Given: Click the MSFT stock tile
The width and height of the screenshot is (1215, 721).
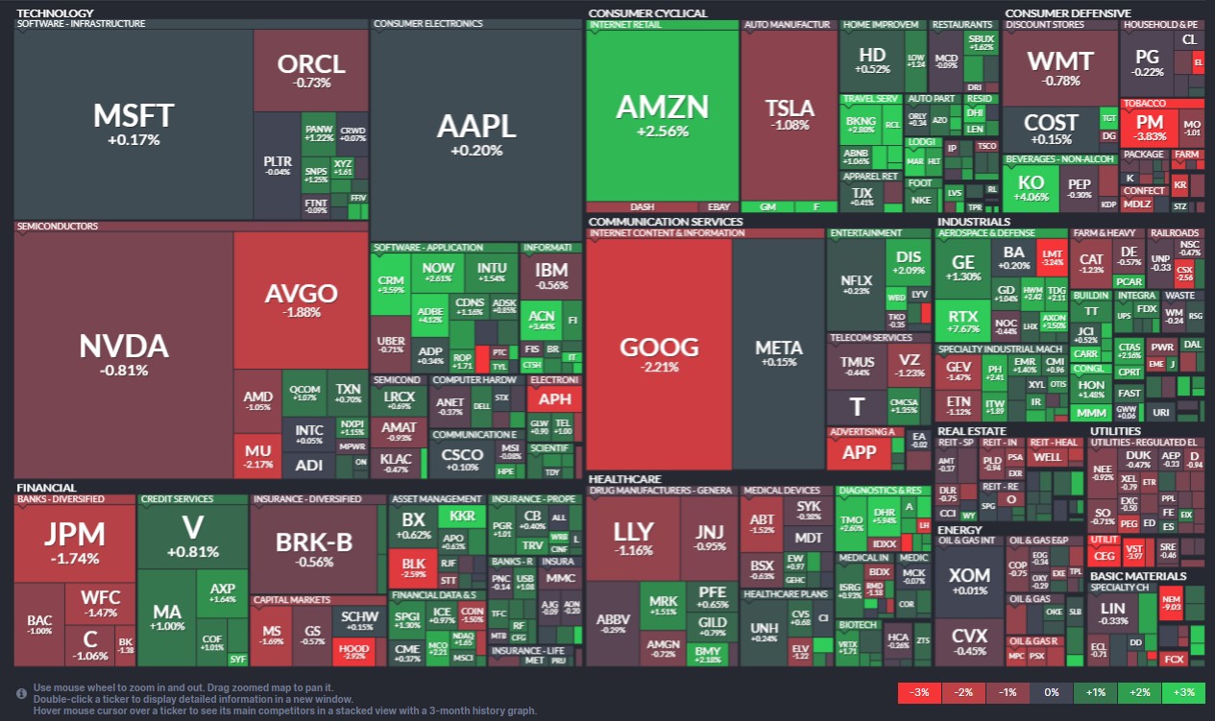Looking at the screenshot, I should [133, 124].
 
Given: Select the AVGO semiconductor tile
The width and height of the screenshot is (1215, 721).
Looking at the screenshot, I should [301, 300].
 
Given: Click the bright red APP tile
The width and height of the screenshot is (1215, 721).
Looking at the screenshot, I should [859, 452].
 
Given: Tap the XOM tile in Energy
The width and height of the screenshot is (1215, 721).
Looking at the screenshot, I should [968, 581].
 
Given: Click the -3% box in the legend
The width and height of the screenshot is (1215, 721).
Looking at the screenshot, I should [918, 692].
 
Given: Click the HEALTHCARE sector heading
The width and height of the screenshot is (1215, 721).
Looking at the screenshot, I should [624, 478].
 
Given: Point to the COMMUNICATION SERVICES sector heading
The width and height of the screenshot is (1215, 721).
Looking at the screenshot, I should [665, 222].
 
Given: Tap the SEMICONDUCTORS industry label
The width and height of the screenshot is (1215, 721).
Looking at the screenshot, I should [57, 227].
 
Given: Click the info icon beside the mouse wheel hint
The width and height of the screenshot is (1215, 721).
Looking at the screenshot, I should [21, 692].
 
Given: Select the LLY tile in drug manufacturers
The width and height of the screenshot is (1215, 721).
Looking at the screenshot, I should [633, 537].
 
